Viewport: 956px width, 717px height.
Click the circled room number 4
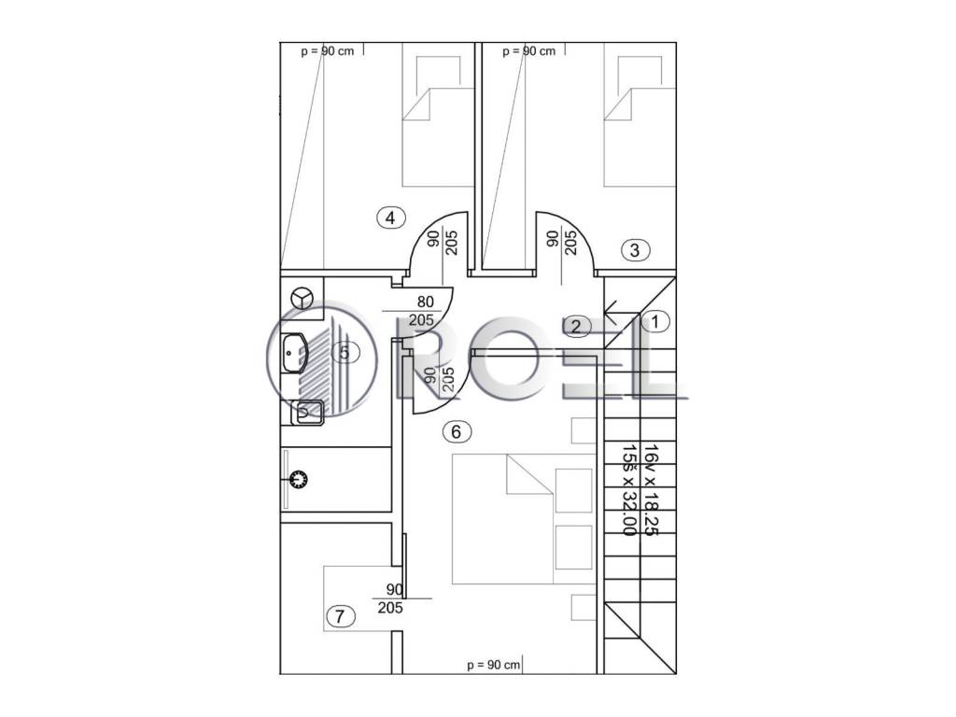pos(391,218)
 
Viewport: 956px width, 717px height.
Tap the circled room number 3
pos(635,250)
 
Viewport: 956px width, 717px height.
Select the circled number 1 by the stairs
pos(655,321)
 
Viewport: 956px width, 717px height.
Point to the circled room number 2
pos(576,327)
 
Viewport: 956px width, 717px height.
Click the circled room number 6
pos(457,431)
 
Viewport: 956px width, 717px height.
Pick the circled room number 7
pos(340,616)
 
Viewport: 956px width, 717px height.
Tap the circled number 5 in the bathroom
pos(345,352)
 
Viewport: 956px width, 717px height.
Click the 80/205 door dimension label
pos(422,310)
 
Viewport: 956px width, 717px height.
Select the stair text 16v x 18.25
pos(651,490)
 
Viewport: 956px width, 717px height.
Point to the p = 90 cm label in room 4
pos(328,51)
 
